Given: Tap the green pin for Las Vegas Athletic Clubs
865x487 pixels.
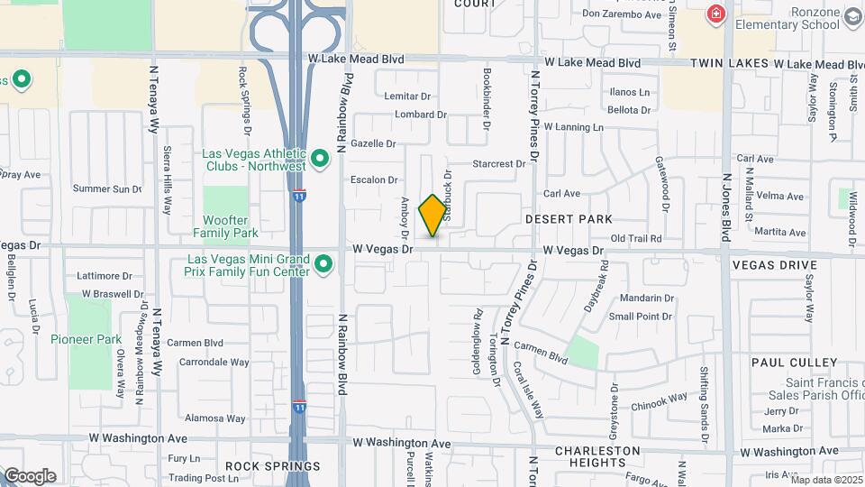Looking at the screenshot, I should [320, 161].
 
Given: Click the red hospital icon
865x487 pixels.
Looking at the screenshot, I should [716, 14].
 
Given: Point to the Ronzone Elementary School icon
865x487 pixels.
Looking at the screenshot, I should [852, 16].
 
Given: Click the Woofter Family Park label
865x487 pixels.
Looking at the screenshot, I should [225, 226].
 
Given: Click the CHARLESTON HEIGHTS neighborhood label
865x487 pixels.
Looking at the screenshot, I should [597, 456].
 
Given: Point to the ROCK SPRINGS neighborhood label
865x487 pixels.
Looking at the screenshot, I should [272, 466].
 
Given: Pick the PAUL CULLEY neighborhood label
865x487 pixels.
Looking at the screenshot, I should [795, 363].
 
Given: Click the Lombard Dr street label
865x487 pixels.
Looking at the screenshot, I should [421, 115].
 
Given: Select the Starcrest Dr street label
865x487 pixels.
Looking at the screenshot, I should [499, 164].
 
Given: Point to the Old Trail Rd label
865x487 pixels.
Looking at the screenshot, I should [636, 239].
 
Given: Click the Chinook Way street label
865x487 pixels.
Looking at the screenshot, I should [659, 398].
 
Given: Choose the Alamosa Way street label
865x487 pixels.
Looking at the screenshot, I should [216, 418].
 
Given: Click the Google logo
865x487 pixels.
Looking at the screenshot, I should [30, 476].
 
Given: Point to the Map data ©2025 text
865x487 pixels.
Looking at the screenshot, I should [826, 480].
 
